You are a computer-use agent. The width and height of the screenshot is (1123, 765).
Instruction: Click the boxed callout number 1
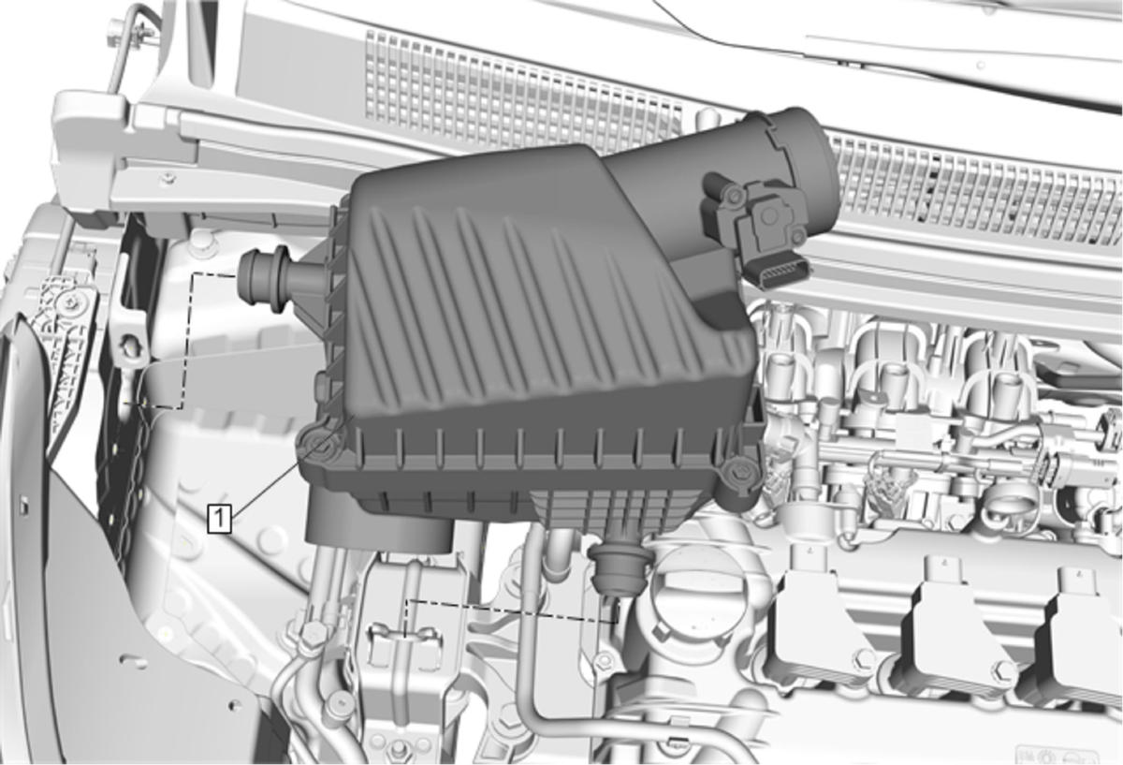220,519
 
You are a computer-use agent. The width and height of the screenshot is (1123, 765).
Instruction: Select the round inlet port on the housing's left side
264,278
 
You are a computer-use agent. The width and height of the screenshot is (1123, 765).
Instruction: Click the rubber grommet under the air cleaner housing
620,566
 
